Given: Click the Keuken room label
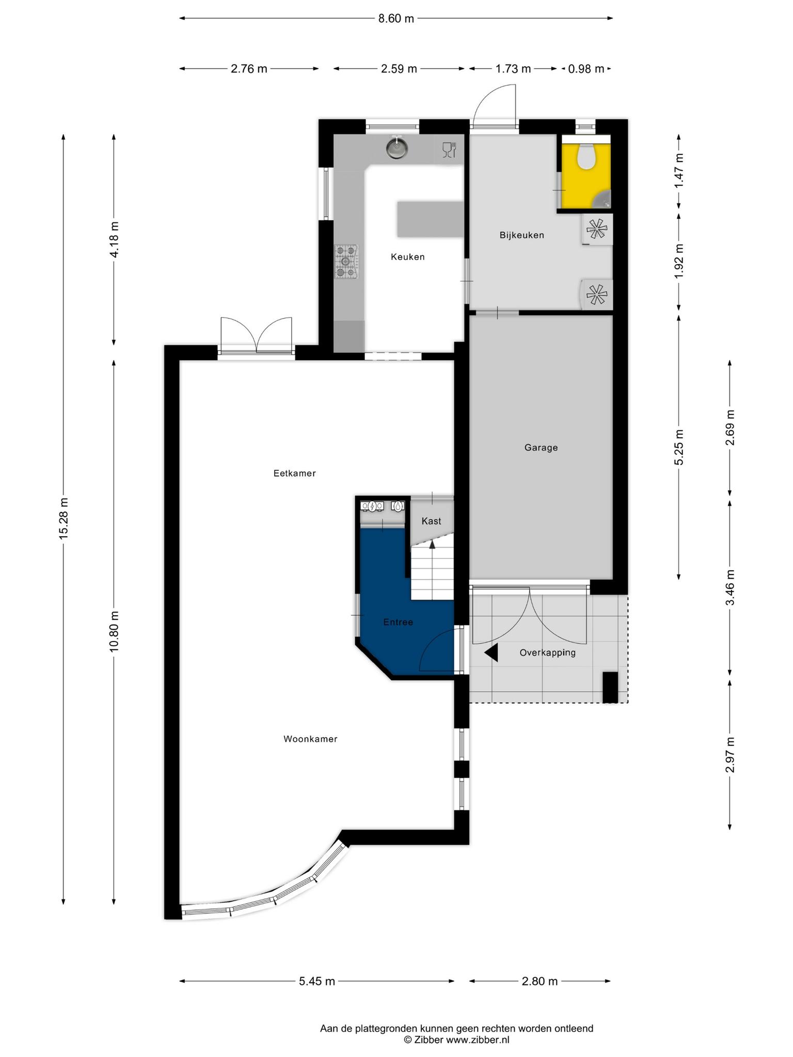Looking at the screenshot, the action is click(x=407, y=257).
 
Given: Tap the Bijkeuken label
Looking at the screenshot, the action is click(x=521, y=235).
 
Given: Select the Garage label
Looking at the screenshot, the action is click(x=541, y=448).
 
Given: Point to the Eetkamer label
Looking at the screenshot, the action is click(x=294, y=473).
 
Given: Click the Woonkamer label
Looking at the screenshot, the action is click(x=310, y=739).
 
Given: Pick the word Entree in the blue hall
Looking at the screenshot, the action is click(x=398, y=622).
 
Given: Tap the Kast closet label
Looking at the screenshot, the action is click(x=431, y=521).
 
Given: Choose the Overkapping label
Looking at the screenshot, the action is click(x=547, y=653).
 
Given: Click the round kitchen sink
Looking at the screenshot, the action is click(x=397, y=148).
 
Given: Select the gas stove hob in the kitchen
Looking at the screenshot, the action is click(x=346, y=262).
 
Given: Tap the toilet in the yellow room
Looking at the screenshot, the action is click(x=586, y=156).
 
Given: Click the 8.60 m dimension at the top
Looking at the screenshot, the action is click(x=396, y=19).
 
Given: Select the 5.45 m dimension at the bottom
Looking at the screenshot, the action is click(x=317, y=981).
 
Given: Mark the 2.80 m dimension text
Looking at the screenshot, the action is click(x=540, y=981).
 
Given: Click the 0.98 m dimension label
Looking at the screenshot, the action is click(x=586, y=69).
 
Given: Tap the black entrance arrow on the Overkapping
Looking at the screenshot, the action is click(x=491, y=653).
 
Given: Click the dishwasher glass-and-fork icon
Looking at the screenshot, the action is click(x=449, y=150).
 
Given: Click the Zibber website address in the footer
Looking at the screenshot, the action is click(x=478, y=1040).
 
